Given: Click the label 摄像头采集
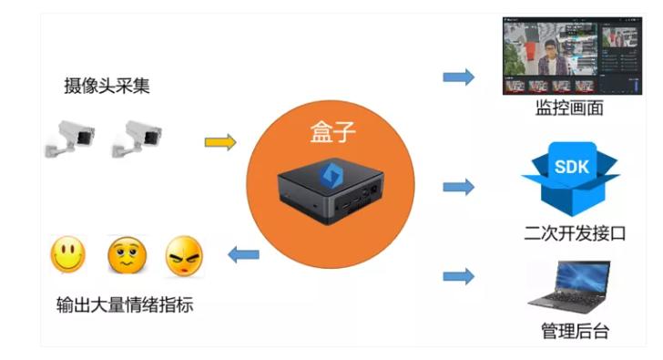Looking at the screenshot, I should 107,87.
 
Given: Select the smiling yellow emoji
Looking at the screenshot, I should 67,254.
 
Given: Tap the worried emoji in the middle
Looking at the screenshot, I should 127,256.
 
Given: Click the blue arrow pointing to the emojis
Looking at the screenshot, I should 242,253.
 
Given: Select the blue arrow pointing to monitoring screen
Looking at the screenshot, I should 459,77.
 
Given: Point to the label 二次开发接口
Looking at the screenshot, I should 570,232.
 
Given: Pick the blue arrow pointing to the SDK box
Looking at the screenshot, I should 459,187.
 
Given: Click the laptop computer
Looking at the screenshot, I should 569,287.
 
